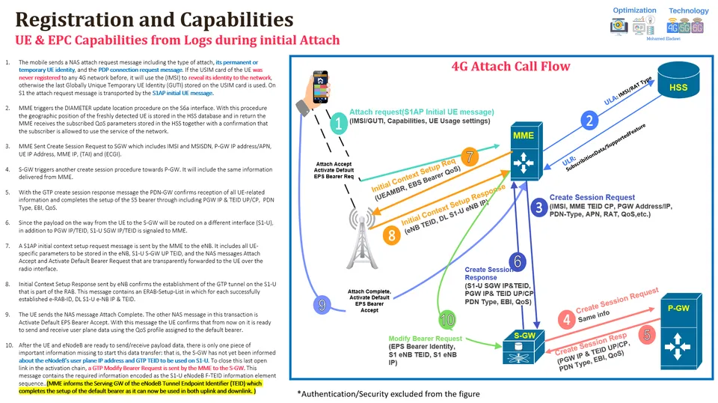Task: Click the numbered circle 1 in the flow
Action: pyautogui.click(x=338, y=125)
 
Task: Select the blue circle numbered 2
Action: pyautogui.click(x=590, y=120)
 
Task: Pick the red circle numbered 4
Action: pyautogui.click(x=566, y=319)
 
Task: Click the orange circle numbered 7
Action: pyautogui.click(x=469, y=157)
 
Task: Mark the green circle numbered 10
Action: pyautogui.click(x=447, y=320)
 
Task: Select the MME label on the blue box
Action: pyautogui.click(x=524, y=135)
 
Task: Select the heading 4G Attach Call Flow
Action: pyautogui.click(x=511, y=66)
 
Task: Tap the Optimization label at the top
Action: pyautogui.click(x=634, y=10)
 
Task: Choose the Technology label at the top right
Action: pyautogui.click(x=688, y=10)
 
